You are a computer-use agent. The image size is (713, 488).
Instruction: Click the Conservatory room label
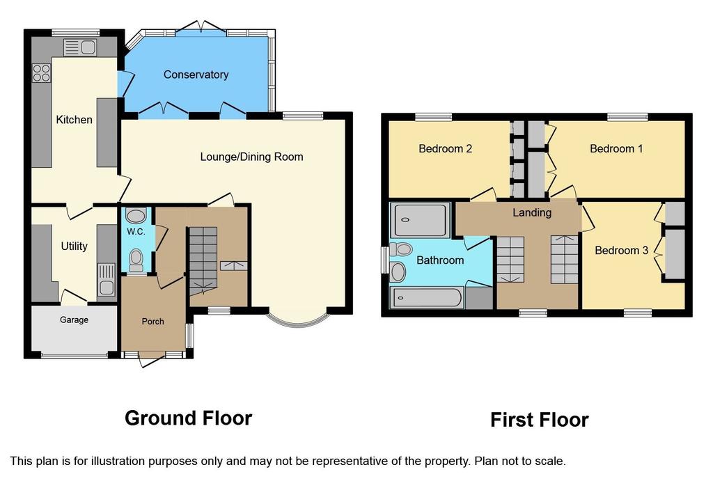point(196,74)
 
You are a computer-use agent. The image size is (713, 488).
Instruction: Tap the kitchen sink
point(79,47)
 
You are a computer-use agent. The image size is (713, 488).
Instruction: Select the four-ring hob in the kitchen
point(41,73)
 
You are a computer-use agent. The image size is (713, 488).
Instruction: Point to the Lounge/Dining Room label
point(251,157)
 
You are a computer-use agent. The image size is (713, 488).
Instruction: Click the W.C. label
point(136,232)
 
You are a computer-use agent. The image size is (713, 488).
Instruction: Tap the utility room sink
point(107,280)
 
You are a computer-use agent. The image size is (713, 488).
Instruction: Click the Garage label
point(74,320)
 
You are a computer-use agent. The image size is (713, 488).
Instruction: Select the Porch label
point(152,322)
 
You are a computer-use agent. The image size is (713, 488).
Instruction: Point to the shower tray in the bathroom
point(420,220)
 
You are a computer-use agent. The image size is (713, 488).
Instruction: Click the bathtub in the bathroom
point(427,298)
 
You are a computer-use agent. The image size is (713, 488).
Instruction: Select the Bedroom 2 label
point(445,149)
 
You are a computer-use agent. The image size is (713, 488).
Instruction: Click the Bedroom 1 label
point(616,149)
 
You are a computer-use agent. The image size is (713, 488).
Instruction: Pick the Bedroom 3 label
point(621,251)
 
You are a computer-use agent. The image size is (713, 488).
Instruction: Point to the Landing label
point(532,212)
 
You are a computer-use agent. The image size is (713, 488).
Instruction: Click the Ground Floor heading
point(188,418)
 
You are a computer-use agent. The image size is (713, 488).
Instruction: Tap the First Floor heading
point(540,420)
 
